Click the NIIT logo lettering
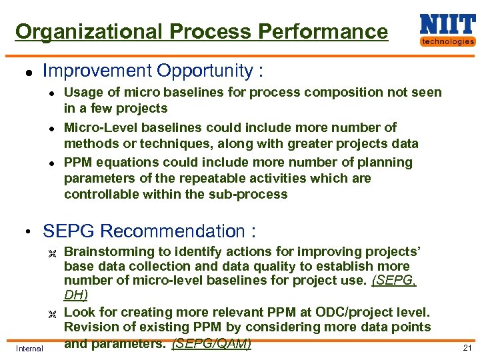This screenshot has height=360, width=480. click(x=447, y=25)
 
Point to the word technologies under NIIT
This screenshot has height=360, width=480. click(x=447, y=41)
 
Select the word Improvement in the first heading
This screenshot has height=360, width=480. click(x=97, y=71)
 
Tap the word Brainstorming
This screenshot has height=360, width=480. click(x=110, y=252)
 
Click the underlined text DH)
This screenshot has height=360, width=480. click(x=75, y=294)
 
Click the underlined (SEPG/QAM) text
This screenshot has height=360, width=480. click(x=211, y=344)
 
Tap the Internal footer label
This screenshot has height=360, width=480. click(x=29, y=348)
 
